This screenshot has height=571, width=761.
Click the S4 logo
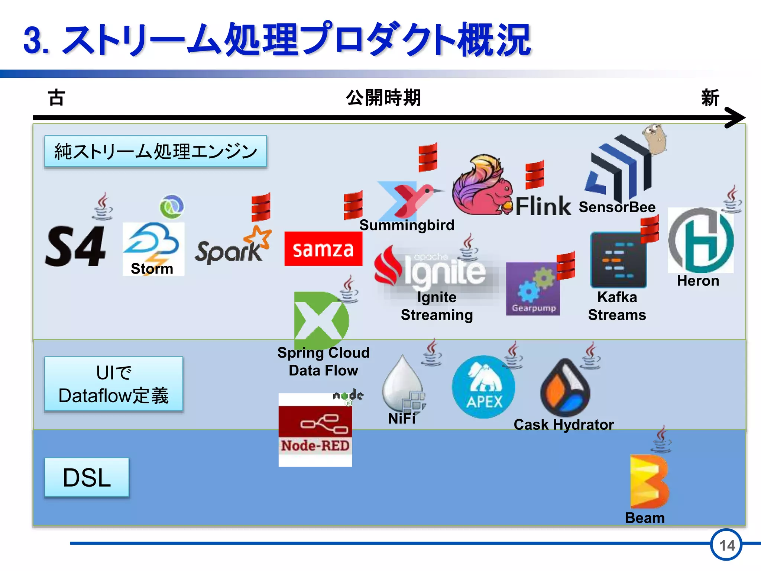[76, 246]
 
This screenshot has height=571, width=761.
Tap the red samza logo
[323, 249]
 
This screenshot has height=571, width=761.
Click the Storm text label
[152, 268]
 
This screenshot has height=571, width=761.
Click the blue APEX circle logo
[483, 387]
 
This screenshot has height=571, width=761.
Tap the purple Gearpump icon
[532, 289]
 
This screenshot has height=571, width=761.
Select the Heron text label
[698, 281]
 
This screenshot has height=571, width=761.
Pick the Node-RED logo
[315, 429]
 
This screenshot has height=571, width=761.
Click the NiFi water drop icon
[402, 383]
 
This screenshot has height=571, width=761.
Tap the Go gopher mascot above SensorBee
[654, 138]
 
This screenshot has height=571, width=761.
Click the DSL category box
[87, 477]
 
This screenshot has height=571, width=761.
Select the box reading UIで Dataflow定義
[114, 384]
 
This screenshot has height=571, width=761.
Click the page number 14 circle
[726, 545]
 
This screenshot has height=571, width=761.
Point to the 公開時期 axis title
[383, 98]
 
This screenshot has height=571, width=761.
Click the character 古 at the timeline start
[56, 98]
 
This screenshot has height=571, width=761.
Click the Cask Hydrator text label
[563, 425]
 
